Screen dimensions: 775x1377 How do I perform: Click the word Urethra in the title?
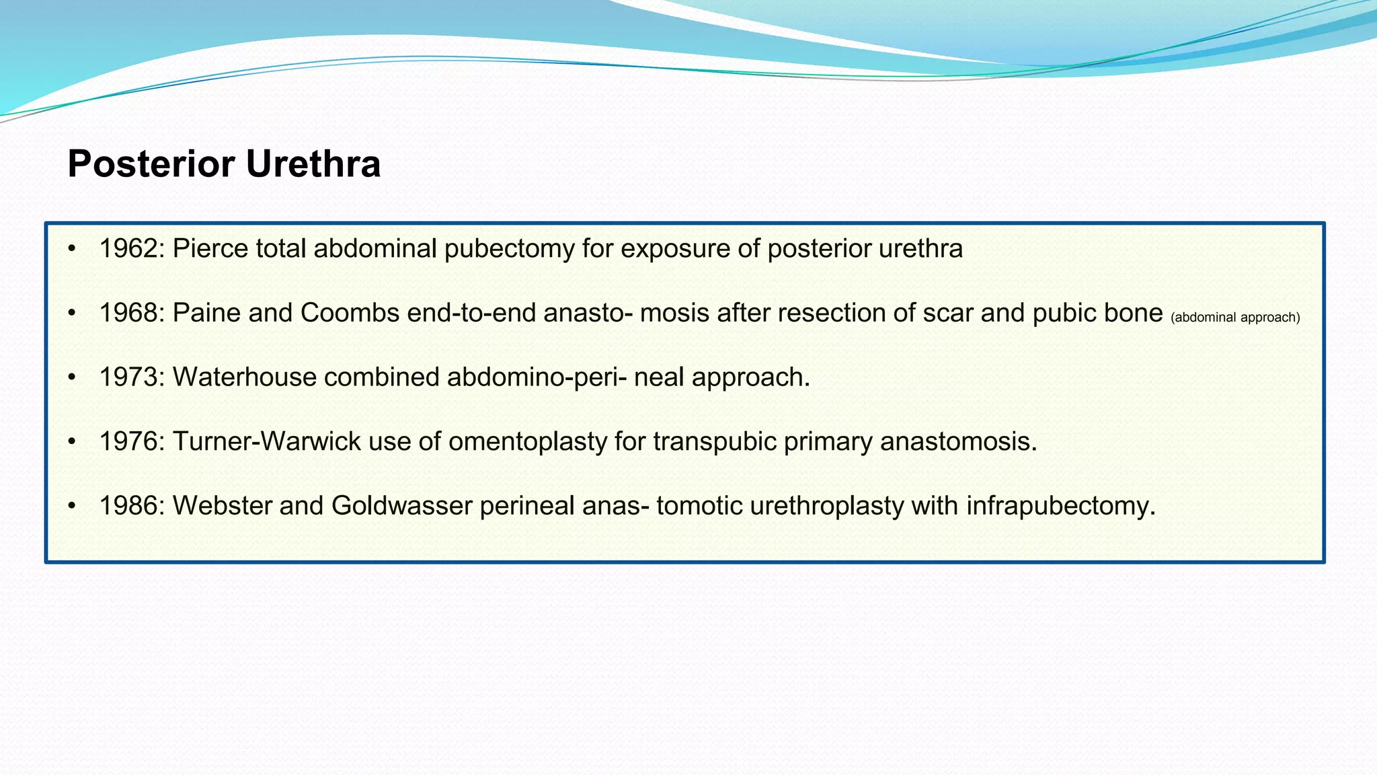[x=313, y=163]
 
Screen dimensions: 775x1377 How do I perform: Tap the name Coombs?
[x=350, y=313]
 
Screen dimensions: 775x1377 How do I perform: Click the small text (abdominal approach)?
[x=1235, y=318]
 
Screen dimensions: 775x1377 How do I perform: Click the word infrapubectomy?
[x=1061, y=506]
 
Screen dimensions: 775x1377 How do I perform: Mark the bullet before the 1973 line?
[x=72, y=377]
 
